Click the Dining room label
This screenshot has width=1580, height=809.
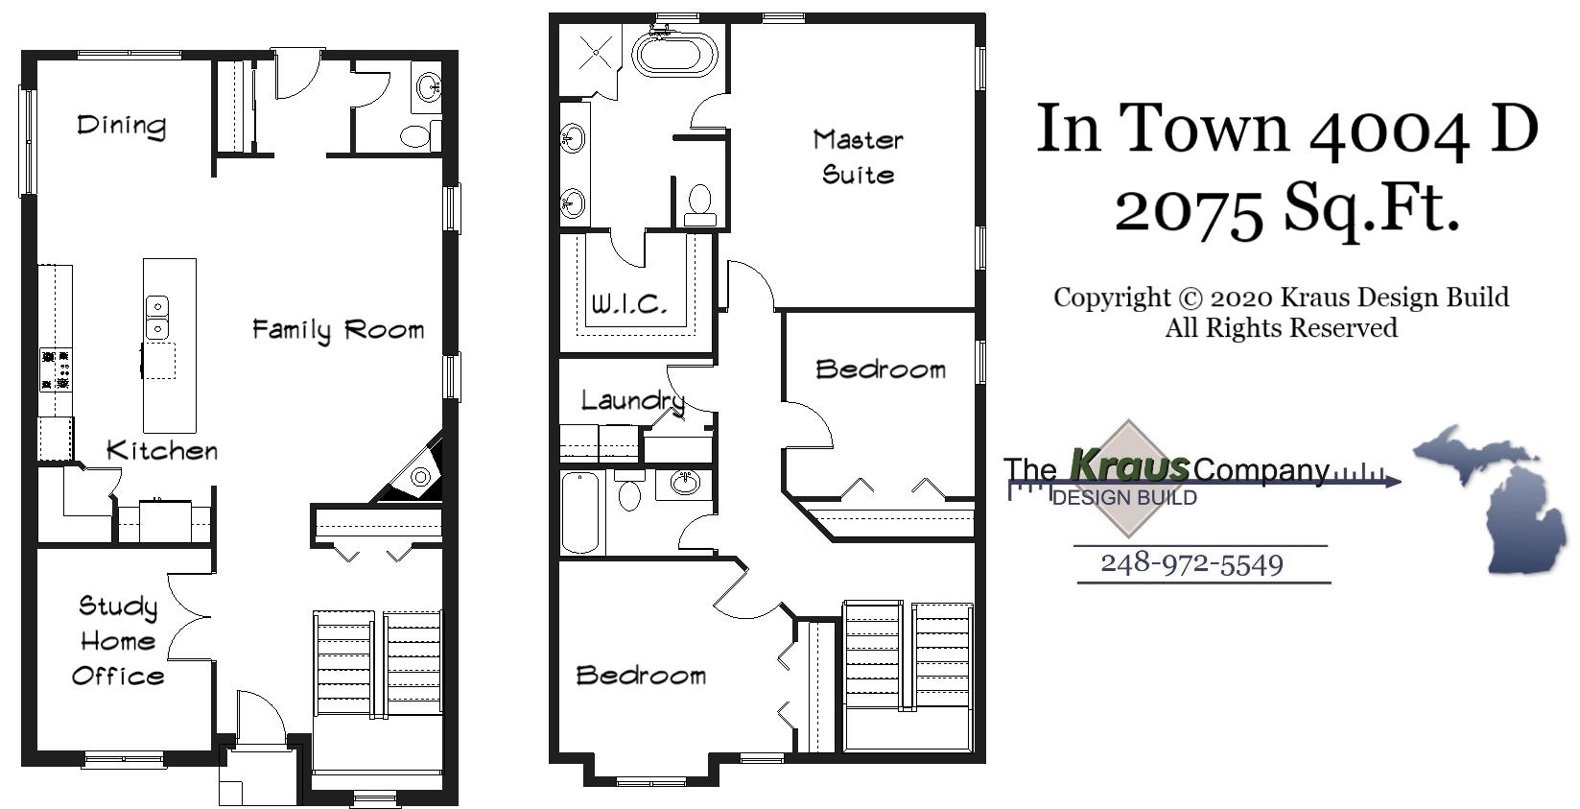(x=121, y=126)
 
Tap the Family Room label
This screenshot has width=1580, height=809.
(x=338, y=330)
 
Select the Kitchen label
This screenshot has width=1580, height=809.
(x=161, y=450)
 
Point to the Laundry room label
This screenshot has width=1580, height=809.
(x=632, y=400)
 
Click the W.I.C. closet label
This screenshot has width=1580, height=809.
(x=628, y=305)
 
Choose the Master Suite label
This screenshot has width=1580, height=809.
(x=858, y=157)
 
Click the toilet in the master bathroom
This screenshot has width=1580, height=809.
(x=700, y=202)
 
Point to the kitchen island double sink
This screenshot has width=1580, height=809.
(x=156, y=318)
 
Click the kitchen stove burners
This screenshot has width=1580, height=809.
(x=55, y=369)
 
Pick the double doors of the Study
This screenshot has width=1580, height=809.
(x=190, y=616)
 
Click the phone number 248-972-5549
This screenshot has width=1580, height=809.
(x=1191, y=563)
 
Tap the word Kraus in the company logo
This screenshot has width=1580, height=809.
(x=1129, y=466)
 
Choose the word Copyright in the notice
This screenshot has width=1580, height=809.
(x=1112, y=297)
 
